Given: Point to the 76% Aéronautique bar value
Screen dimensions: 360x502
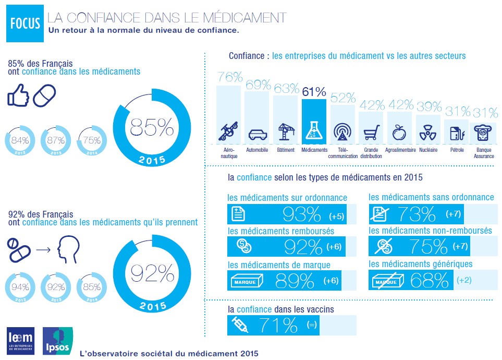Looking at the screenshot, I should pyautogui.click(x=229, y=77).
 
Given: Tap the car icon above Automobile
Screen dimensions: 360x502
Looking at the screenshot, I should pyautogui.click(x=257, y=134).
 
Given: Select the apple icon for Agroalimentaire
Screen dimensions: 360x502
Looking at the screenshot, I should pyautogui.click(x=399, y=131).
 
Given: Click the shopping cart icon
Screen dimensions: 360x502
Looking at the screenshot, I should pyautogui.click(x=371, y=134).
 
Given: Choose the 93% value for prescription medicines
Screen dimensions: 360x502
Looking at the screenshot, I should pyautogui.click(x=301, y=214).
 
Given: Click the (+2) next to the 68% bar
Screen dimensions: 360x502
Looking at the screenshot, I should pyautogui.click(x=463, y=280).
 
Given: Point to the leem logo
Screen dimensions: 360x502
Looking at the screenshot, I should pyautogui.click(x=20, y=341).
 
